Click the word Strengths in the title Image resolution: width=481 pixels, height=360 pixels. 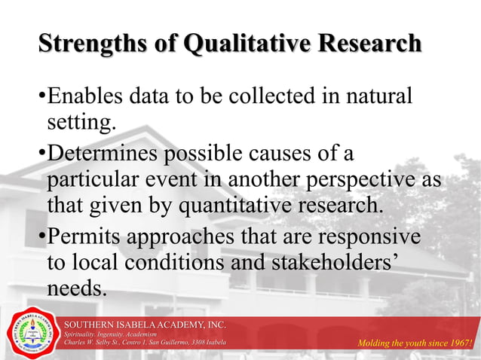83,44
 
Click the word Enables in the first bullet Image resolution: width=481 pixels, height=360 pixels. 82,97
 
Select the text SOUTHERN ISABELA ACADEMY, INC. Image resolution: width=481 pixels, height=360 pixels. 144,324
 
